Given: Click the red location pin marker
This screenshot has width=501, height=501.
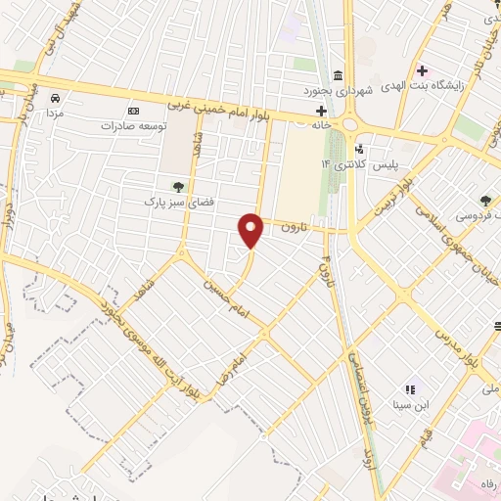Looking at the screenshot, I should [251, 229].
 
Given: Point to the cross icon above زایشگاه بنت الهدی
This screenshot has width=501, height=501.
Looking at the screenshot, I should [423, 70].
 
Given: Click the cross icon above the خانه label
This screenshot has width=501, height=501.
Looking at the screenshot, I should [320, 111].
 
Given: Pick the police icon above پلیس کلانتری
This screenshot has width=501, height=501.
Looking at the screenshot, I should [361, 149].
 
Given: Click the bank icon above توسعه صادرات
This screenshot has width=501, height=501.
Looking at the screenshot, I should [134, 111].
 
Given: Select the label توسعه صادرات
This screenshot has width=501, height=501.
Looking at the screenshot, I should [135, 126].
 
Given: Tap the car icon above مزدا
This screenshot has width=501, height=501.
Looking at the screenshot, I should [56, 99].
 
